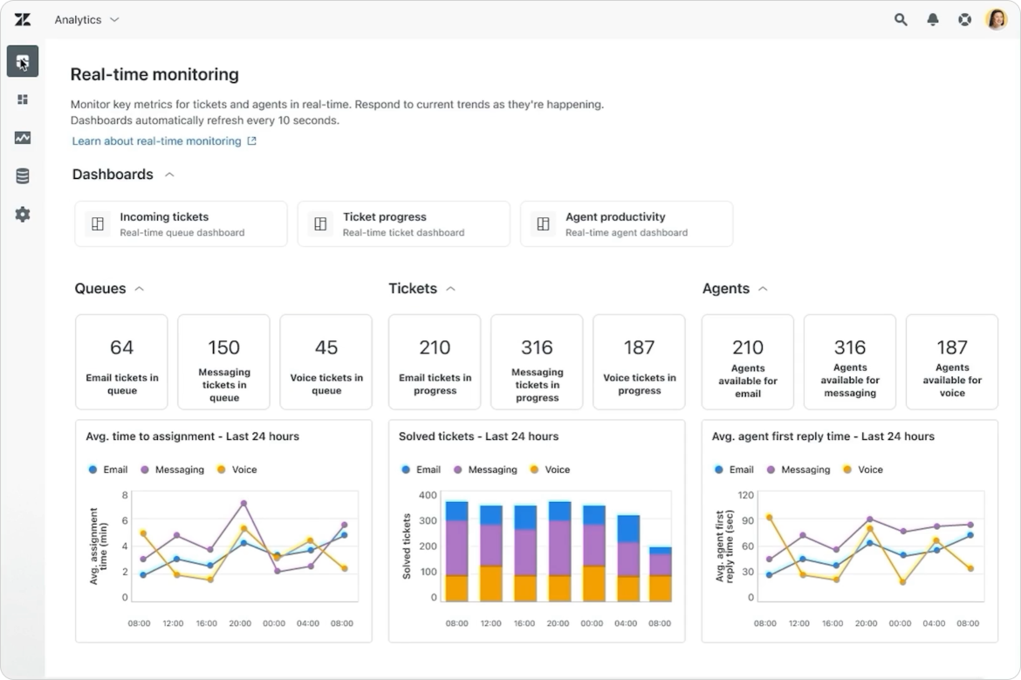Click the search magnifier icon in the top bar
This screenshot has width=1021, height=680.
click(x=901, y=19)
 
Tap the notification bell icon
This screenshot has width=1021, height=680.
click(x=933, y=19)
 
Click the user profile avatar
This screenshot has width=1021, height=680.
click(x=996, y=19)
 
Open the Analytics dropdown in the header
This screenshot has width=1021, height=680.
click(x=86, y=19)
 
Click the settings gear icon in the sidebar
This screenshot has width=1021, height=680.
click(x=23, y=214)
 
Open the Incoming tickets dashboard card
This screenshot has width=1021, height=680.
click(x=181, y=223)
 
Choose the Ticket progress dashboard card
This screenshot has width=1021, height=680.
click(x=403, y=223)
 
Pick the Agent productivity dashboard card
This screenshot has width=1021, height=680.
click(x=627, y=223)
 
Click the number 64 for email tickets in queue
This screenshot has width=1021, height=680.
click(x=121, y=347)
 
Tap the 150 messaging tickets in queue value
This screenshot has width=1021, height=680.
click(x=223, y=347)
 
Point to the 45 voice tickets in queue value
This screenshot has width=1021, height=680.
click(x=326, y=347)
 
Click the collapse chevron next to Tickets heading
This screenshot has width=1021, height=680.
click(x=450, y=289)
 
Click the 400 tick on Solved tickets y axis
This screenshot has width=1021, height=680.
click(x=427, y=495)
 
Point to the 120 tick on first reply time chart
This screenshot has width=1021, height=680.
click(x=746, y=495)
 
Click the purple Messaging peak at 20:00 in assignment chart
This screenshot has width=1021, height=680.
click(x=243, y=504)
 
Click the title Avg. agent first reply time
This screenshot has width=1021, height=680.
click(x=823, y=436)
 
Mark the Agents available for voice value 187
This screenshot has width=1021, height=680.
click(x=952, y=347)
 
